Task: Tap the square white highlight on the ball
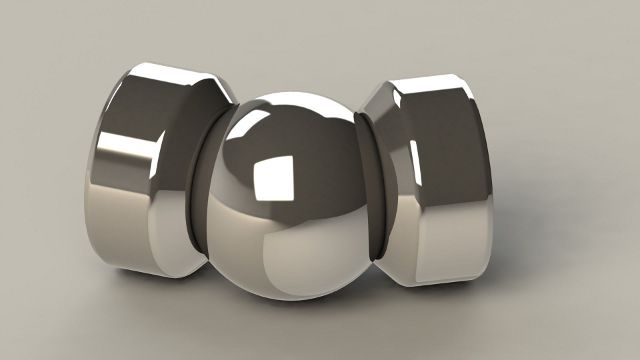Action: point(273,180)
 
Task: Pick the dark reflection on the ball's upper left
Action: point(240,150)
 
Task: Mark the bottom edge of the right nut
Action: point(440,280)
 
